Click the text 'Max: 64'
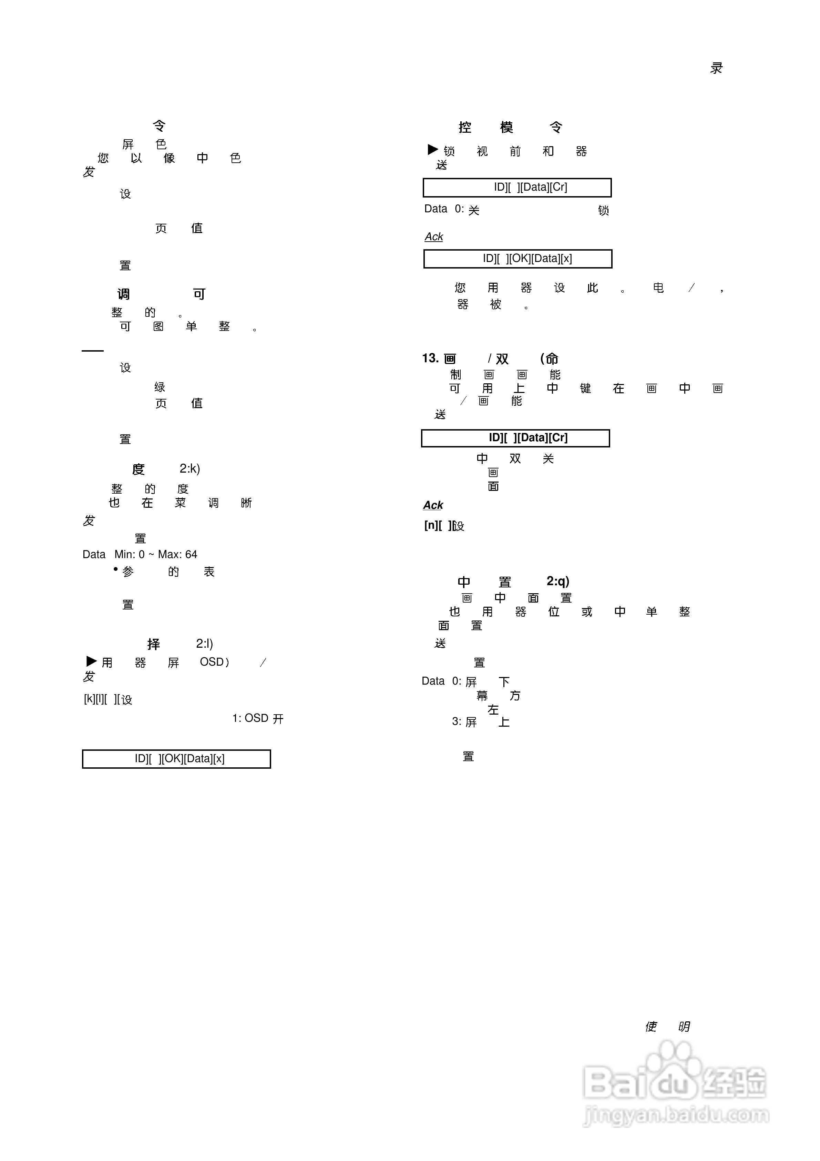tap(177, 555)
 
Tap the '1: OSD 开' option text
tap(258, 718)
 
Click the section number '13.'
tap(430, 359)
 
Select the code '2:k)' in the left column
tap(189, 469)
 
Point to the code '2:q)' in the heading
tap(557, 582)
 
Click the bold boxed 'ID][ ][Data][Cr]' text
tap(528, 438)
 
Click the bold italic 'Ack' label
tap(433, 505)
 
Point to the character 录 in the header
tap(716, 68)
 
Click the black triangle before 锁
tap(433, 150)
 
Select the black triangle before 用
tap(92, 662)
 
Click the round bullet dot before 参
tap(116, 569)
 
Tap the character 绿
tap(160, 387)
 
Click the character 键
tap(585, 388)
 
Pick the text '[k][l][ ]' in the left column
tap(95, 699)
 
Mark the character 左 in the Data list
tap(493, 710)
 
